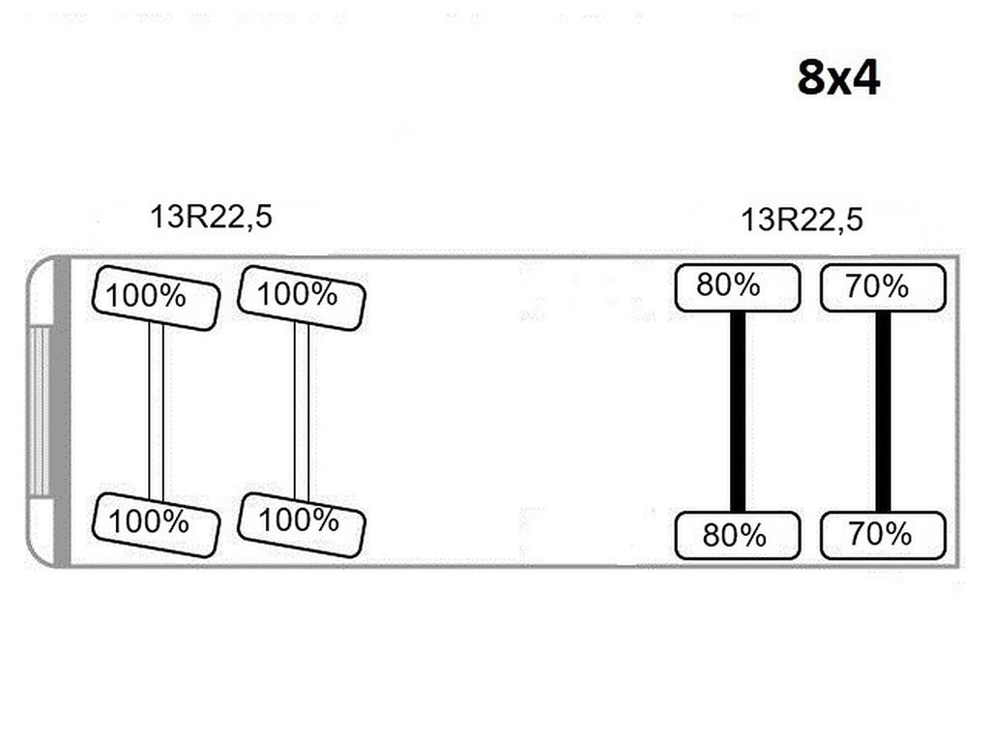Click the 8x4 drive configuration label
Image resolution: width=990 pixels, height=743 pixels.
click(x=838, y=77)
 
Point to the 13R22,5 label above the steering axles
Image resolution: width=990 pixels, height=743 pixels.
click(x=211, y=218)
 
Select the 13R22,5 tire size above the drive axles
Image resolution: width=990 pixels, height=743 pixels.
click(x=801, y=220)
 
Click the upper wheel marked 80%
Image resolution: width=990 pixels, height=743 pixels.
click(x=738, y=288)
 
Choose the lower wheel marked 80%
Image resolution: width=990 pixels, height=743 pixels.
click(x=738, y=535)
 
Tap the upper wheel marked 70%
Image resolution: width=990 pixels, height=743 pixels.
click(x=883, y=288)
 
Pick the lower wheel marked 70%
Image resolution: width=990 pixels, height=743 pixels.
click(x=883, y=535)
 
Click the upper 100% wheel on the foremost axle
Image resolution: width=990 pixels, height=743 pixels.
click(x=156, y=298)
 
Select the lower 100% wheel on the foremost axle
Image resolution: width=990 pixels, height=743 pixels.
click(x=156, y=525)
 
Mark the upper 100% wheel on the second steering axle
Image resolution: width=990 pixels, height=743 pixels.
click(x=302, y=298)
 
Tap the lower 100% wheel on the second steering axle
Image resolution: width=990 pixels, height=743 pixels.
click(x=302, y=525)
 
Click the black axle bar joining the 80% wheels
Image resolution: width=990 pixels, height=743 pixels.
click(x=738, y=412)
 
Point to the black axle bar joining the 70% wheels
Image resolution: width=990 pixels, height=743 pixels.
click(x=883, y=412)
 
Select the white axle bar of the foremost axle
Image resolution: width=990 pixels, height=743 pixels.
click(x=156, y=412)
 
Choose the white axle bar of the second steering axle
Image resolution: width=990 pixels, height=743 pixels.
click(x=302, y=412)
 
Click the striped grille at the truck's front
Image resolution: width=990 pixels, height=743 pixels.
click(x=39, y=410)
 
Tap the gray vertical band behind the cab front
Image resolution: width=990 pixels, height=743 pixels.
click(x=62, y=411)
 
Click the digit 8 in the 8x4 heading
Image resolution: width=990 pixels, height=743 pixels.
click(x=811, y=77)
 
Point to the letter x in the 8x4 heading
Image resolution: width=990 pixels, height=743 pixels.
click(x=836, y=82)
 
